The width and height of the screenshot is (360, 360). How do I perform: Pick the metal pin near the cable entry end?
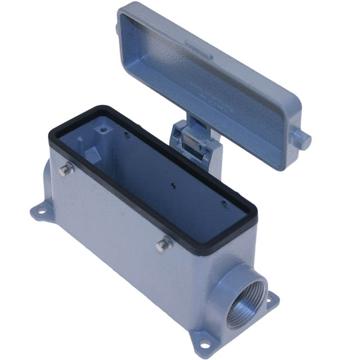point(164,244)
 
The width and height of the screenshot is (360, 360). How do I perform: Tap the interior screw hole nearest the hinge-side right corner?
point(224,202)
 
